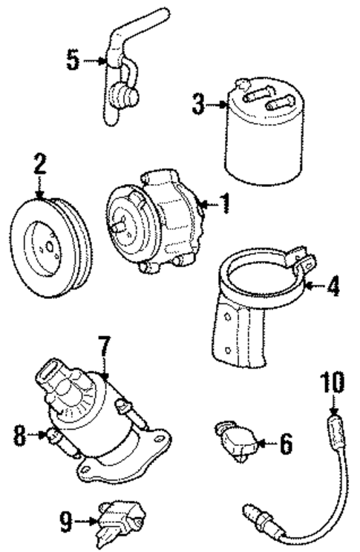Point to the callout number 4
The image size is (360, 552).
point(334,286)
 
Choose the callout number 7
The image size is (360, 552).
point(104,346)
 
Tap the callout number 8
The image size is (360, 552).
point(20,434)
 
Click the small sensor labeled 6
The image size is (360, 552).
point(237,439)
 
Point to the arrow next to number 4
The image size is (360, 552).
point(315,286)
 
